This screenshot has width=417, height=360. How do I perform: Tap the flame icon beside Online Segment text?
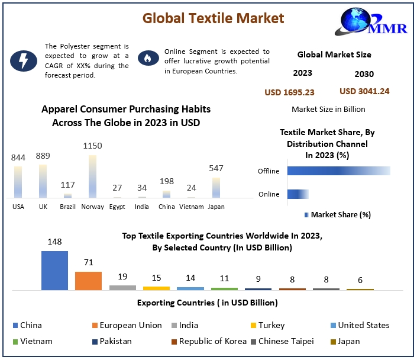[146, 58]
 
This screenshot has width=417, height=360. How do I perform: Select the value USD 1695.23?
[289, 92]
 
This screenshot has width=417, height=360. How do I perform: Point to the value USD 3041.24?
[364, 91]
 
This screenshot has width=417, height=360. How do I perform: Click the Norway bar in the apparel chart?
[92, 176]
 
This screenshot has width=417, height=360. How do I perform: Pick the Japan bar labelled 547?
[216, 187]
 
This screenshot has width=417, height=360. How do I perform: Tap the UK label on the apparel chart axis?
[43, 207]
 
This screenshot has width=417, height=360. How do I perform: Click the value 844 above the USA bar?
[18, 157]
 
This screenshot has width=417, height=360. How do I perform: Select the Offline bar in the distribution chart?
[338, 171]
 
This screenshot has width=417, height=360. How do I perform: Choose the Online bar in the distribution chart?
[298, 194]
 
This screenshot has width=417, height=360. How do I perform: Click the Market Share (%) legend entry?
[337, 215]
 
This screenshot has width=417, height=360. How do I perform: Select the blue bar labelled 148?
[54, 270]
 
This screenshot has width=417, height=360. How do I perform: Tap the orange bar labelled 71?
[88, 280]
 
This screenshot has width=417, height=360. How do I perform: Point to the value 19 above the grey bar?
[122, 277]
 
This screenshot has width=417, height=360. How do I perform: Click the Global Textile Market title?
[213, 18]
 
